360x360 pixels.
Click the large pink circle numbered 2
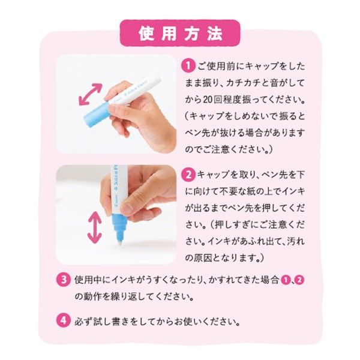click(187, 175)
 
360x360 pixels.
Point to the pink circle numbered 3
click(64, 280)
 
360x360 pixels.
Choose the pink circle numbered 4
click(64, 320)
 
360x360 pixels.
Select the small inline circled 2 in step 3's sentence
click(299, 280)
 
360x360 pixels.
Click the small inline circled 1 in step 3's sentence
click(286, 280)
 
